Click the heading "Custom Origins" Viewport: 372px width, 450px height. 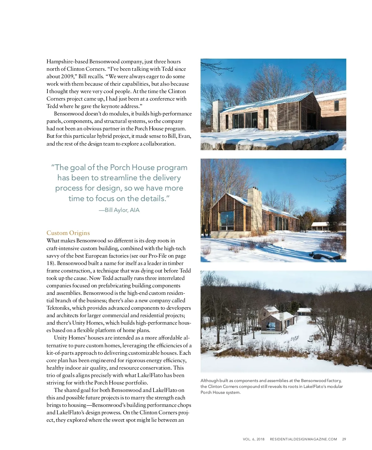(68, 233)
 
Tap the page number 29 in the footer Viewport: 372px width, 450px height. (344, 439)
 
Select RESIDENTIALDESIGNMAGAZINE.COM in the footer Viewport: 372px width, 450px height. (303, 439)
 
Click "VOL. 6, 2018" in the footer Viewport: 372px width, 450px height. (254, 439)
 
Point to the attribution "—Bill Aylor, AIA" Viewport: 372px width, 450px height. (119, 210)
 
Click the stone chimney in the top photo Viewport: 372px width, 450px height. (218, 115)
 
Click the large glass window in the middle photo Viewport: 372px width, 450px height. (227, 220)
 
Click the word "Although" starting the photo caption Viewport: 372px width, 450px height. (209, 380)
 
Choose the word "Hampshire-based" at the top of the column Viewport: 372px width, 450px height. (67, 61)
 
